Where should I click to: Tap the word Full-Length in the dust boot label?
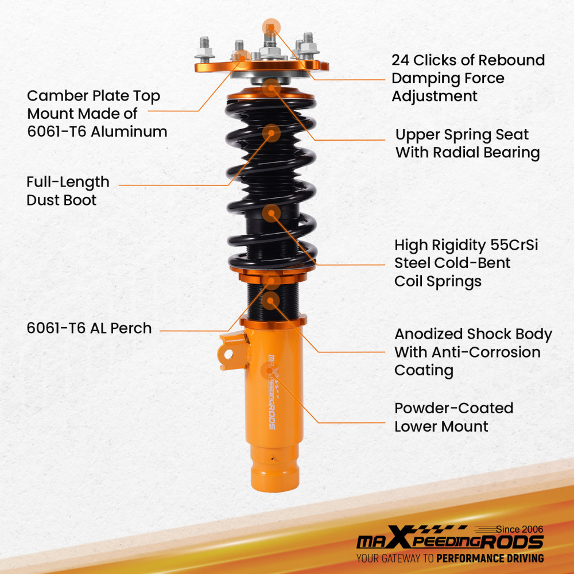pos(68,182)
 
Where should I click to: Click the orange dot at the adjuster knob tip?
pos(271,26)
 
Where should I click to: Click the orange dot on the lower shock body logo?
pos(270,370)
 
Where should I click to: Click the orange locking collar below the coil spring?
pos(272,269)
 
